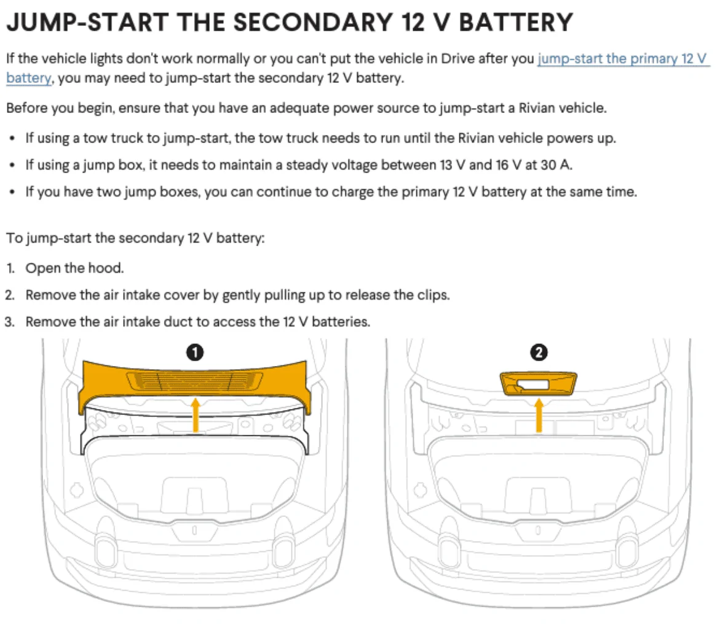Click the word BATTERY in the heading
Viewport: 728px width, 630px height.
click(516, 22)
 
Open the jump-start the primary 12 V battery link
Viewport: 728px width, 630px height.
click(622, 59)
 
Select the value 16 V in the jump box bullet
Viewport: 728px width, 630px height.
click(504, 165)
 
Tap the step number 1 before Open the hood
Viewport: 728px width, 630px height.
click(10, 268)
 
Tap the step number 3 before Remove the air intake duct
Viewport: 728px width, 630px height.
click(10, 322)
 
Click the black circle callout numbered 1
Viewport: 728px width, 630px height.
click(195, 353)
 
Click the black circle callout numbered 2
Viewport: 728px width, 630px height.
click(539, 353)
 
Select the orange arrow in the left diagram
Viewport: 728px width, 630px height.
click(196, 415)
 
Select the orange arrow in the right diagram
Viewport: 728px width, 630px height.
click(539, 415)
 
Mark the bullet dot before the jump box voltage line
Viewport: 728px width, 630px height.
click(12, 166)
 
